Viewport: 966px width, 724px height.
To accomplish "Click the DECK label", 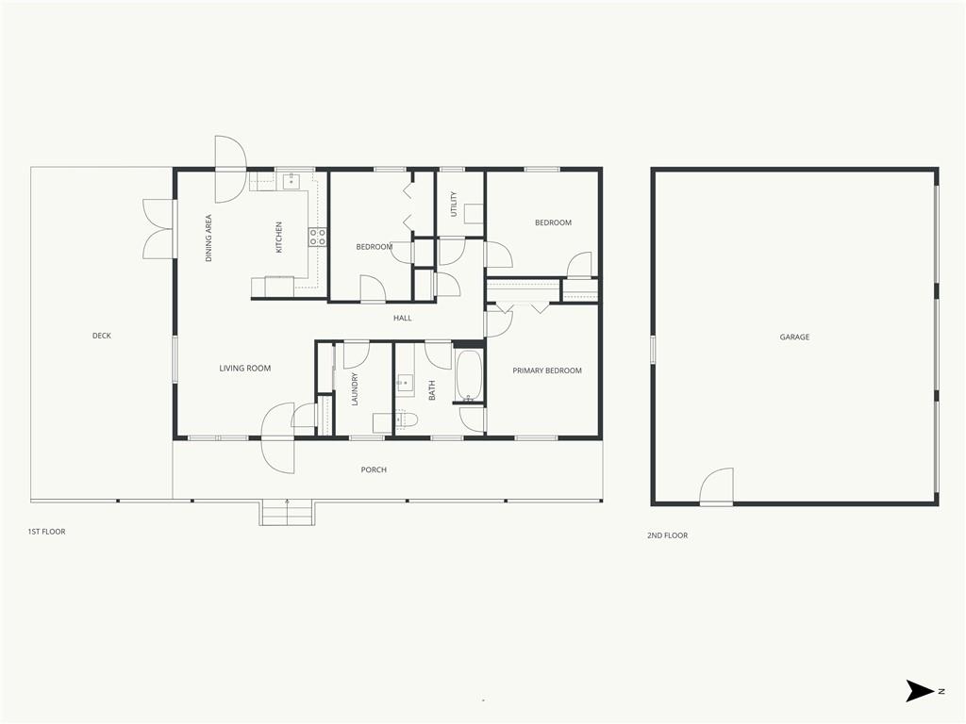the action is coord(102,336).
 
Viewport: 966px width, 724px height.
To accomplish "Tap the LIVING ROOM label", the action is coord(245,369).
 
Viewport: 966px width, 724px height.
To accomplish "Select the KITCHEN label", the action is coord(278,238).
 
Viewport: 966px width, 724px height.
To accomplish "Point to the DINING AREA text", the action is coord(208,239).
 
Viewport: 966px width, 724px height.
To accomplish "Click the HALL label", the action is coord(402,319).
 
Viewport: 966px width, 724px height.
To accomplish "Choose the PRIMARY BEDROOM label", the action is coord(547,370).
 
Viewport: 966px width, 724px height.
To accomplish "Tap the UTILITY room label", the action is coord(454,204).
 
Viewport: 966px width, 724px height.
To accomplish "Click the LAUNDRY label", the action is coord(355,389).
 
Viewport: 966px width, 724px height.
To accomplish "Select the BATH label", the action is coord(432,390).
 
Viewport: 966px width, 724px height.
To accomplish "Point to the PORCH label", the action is coord(374,469).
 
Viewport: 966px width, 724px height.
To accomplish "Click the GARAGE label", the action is coord(794,337).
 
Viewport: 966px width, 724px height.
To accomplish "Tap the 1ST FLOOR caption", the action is coord(46,532).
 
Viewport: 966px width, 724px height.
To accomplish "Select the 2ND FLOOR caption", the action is coord(667,535).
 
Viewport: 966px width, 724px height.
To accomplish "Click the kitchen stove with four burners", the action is coord(317,237).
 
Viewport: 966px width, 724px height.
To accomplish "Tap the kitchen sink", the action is coord(291,181).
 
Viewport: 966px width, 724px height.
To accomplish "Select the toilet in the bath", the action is coord(406,420).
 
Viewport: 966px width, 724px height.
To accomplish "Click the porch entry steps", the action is coord(287,513).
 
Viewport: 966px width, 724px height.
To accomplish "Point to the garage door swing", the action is coord(717,486).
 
